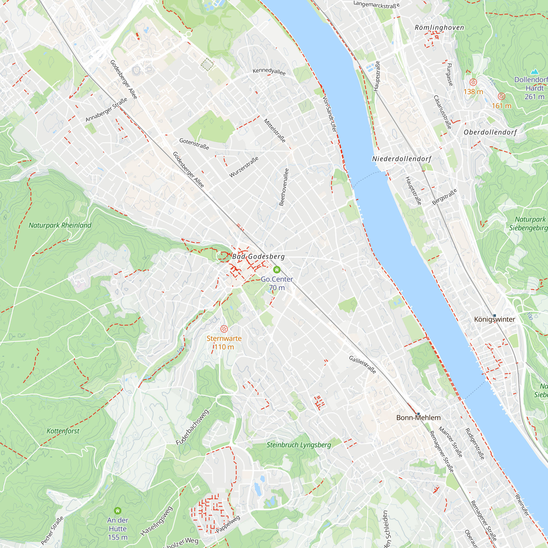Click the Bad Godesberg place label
click(x=258, y=256)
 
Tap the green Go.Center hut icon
click(x=276, y=269)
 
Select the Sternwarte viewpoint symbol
click(x=224, y=329)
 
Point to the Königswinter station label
click(x=494, y=319)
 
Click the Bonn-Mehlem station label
click(x=418, y=418)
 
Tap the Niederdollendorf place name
click(x=401, y=159)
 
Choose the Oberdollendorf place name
click(x=490, y=132)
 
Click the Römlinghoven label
click(x=439, y=27)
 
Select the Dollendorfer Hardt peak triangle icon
click(x=534, y=72)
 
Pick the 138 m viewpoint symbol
click(x=473, y=82)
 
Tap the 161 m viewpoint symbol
click(x=501, y=96)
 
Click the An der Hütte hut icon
click(x=118, y=511)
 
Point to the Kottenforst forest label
click(x=63, y=431)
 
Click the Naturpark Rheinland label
click(x=60, y=225)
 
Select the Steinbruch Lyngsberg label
click(x=299, y=445)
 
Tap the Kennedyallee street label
click(x=269, y=71)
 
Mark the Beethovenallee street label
click(x=284, y=187)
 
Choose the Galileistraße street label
click(x=362, y=365)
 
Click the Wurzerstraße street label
click(x=244, y=167)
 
